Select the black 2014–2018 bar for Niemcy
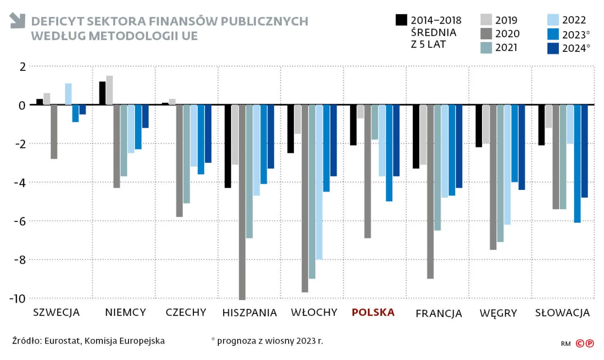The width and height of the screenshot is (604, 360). pos(102,93)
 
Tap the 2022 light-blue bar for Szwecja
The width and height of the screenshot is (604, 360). pos(68,94)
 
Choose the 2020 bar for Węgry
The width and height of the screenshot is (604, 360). pos(493,177)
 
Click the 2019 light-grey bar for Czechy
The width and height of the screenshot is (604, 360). pos(172,102)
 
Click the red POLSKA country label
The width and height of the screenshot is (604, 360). pos(373,313)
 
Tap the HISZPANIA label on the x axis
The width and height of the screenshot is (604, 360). pos(249,313)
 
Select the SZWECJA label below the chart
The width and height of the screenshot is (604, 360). pos(57,313)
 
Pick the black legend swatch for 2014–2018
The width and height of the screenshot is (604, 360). pos(401,20)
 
